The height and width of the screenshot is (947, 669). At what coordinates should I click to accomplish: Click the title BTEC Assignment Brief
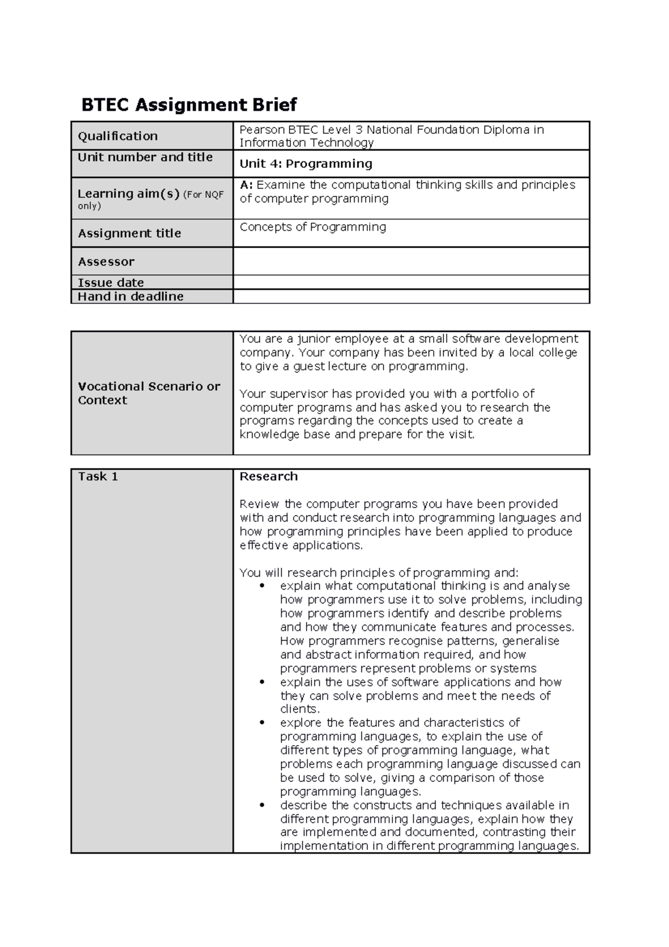(189, 104)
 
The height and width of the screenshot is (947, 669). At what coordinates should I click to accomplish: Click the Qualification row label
(118, 136)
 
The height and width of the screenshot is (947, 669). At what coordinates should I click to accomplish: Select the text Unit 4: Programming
(306, 163)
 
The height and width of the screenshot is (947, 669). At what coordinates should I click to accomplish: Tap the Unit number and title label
(145, 157)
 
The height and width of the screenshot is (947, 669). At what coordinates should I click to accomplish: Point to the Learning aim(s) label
(129, 194)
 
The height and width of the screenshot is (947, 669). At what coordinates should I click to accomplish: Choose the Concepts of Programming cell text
(312, 227)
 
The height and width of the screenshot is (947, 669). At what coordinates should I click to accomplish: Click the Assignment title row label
(129, 233)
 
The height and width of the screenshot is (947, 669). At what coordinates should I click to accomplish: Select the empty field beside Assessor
(411, 261)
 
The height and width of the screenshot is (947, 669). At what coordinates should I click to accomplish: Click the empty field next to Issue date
(411, 282)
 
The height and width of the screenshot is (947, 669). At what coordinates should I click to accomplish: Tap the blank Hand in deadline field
(411, 296)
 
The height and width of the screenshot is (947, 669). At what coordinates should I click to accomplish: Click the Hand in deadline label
(130, 296)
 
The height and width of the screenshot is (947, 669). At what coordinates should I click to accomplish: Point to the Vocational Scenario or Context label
(149, 393)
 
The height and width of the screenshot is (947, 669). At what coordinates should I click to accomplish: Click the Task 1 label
(98, 476)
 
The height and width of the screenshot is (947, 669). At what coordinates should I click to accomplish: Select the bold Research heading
(268, 476)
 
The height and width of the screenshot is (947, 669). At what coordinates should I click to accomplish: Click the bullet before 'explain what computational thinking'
(263, 586)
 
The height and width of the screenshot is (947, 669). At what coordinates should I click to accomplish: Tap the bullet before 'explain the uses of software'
(263, 682)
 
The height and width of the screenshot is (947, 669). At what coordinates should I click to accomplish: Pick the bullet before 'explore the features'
(263, 723)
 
